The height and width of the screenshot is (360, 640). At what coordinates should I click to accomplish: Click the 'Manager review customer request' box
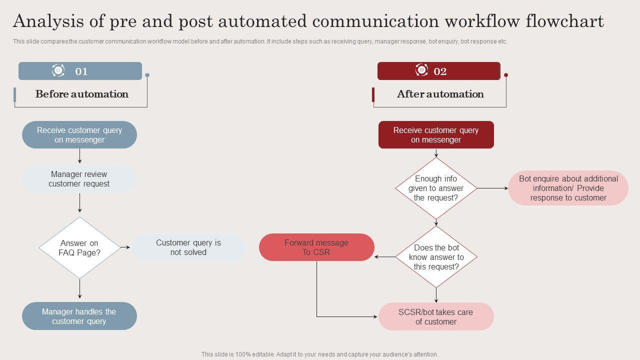79,179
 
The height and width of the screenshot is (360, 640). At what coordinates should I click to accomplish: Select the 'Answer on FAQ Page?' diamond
79,247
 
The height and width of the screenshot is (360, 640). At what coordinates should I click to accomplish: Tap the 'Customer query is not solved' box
188,247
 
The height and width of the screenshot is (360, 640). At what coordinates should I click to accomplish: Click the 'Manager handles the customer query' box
79,316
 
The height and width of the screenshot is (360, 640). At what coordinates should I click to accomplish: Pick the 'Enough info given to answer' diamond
436,188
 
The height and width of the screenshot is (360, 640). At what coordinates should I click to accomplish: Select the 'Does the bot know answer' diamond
436,257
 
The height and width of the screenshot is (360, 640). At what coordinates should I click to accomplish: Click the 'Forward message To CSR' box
316,247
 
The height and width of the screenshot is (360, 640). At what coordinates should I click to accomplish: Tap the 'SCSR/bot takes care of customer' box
436,316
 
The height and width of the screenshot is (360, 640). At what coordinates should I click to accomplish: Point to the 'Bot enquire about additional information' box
568,188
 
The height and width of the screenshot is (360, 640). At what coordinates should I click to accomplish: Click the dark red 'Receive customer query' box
436,135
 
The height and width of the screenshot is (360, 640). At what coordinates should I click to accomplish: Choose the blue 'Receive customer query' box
79,135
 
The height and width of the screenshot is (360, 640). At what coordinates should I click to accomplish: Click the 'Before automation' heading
82,94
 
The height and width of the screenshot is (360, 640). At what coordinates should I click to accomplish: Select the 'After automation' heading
440,94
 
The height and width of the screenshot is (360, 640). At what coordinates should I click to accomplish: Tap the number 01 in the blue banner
81,71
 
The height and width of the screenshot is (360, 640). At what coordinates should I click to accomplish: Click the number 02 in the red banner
440,71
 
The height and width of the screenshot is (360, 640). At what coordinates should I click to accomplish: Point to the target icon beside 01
58,70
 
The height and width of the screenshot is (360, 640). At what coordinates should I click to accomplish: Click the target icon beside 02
421,70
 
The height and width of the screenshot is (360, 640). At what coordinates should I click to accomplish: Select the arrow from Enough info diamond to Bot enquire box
492,188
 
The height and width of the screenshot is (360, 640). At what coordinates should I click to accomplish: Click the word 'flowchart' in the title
565,21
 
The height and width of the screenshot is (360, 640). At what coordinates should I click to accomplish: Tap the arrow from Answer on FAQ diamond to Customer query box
125,247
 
